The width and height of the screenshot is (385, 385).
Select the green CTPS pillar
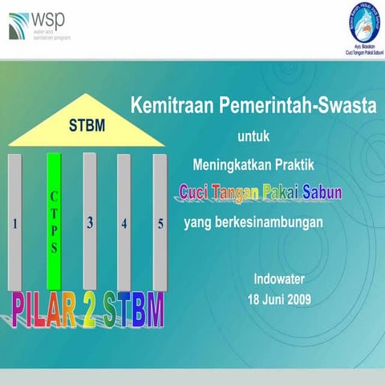(55, 221)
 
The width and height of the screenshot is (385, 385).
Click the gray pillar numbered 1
(15, 222)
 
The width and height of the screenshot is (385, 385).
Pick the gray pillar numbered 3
(90, 222)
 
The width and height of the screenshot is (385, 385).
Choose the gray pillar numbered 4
(124, 222)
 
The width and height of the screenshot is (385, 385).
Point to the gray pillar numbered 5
(160, 222)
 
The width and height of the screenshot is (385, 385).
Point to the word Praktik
(299, 164)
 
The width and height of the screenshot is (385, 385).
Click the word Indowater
(279, 280)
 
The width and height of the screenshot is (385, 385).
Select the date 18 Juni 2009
(279, 300)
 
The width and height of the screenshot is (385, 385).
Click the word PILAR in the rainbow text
(50, 310)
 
